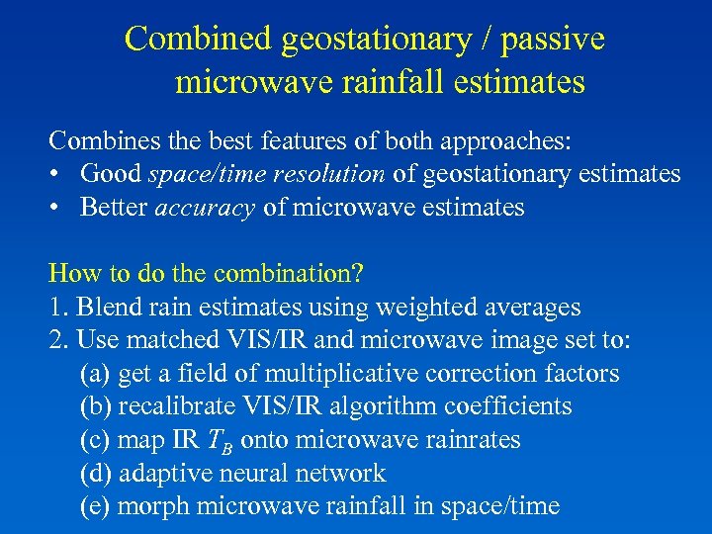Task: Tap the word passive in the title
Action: click(x=553, y=40)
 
